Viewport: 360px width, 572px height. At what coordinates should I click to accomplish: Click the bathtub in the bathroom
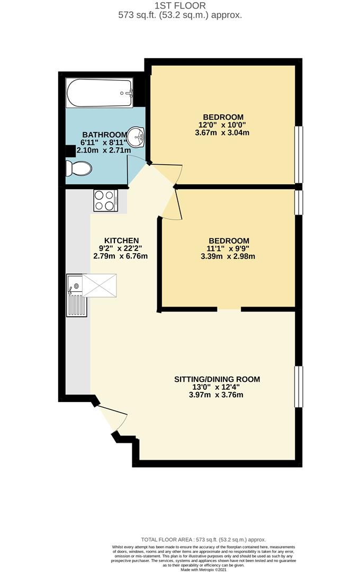(x=99, y=93)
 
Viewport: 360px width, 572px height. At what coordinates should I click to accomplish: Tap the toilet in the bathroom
(x=79, y=168)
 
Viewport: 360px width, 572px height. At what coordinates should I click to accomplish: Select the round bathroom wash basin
(x=137, y=137)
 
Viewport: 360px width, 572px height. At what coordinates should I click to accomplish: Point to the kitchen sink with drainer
(x=76, y=296)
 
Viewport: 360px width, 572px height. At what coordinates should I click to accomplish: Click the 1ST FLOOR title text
(x=179, y=5)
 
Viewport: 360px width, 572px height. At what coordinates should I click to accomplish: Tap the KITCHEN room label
(x=121, y=240)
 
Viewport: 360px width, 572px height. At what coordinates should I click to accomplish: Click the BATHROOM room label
(x=104, y=135)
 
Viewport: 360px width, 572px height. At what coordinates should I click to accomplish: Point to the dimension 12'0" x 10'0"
(x=223, y=126)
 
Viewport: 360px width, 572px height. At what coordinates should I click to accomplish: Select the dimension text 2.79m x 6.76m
(x=120, y=256)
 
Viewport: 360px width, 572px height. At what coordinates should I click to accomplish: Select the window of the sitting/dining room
(x=299, y=386)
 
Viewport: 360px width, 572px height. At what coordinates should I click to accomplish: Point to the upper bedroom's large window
(x=299, y=154)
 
